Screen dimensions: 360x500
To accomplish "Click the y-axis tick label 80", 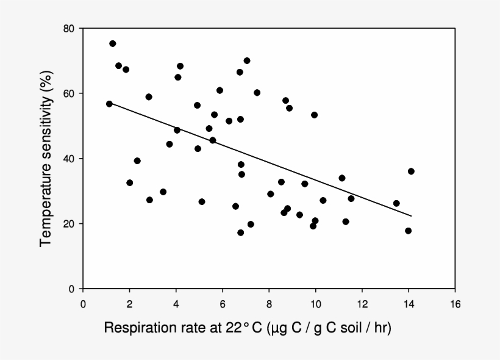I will [x=70, y=29].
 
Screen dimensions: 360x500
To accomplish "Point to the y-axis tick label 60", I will [x=70, y=93].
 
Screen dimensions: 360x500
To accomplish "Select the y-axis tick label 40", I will [x=70, y=159].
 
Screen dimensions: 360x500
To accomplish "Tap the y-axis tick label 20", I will [x=70, y=224].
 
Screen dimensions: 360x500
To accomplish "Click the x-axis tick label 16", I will [x=454, y=303].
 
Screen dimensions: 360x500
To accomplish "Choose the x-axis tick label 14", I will [x=408, y=303].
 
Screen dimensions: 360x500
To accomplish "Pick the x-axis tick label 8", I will [x=269, y=303].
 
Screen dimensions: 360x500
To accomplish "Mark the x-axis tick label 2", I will [x=129, y=303].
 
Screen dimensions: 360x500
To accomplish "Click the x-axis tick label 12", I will [x=362, y=303].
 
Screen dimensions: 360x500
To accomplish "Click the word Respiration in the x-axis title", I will [x=135, y=328].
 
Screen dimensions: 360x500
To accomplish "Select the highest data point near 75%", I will [x=113, y=43].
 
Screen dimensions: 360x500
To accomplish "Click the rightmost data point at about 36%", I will [x=411, y=171].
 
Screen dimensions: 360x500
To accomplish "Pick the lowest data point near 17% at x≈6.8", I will [x=241, y=232].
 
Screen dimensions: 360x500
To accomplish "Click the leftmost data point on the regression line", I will [x=109, y=104].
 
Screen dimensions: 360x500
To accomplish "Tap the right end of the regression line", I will [x=412, y=216].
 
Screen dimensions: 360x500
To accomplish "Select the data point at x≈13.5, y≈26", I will [x=396, y=203].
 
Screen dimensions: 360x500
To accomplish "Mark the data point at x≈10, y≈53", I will [x=315, y=115].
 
